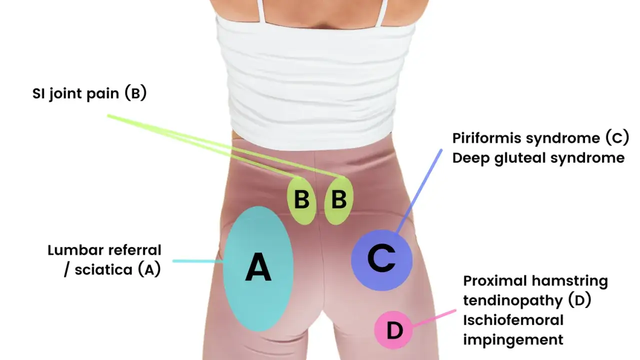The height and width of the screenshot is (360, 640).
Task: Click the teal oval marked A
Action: (258, 269)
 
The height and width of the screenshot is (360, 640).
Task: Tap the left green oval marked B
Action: (301, 200)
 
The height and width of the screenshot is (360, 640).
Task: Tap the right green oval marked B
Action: (339, 200)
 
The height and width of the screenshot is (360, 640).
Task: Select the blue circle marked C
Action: (381, 260)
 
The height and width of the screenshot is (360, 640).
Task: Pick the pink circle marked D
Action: (393, 330)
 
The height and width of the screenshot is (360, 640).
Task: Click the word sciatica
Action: (103, 269)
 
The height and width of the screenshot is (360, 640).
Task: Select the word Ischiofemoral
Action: (513, 320)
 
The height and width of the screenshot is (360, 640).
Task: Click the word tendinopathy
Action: (513, 301)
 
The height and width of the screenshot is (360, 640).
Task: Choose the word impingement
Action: (513, 340)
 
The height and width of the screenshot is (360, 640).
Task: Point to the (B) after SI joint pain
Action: (135, 93)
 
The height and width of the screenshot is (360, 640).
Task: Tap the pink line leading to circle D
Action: (434, 318)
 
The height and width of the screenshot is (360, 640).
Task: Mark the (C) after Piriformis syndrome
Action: (617, 137)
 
